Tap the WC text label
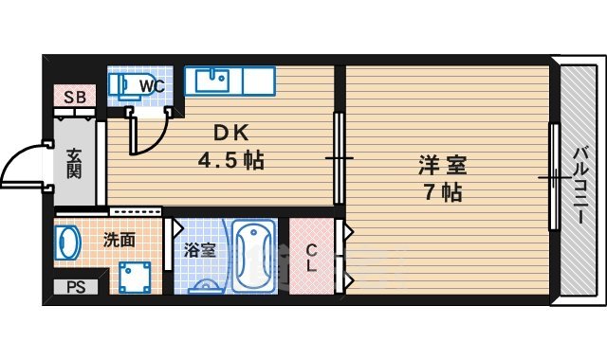[x=153, y=86]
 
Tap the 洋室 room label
[x=443, y=165]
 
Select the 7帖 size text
[x=443, y=192]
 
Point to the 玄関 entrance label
[x=74, y=162]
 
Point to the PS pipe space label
[x=74, y=287]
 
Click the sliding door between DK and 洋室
[x=338, y=156]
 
